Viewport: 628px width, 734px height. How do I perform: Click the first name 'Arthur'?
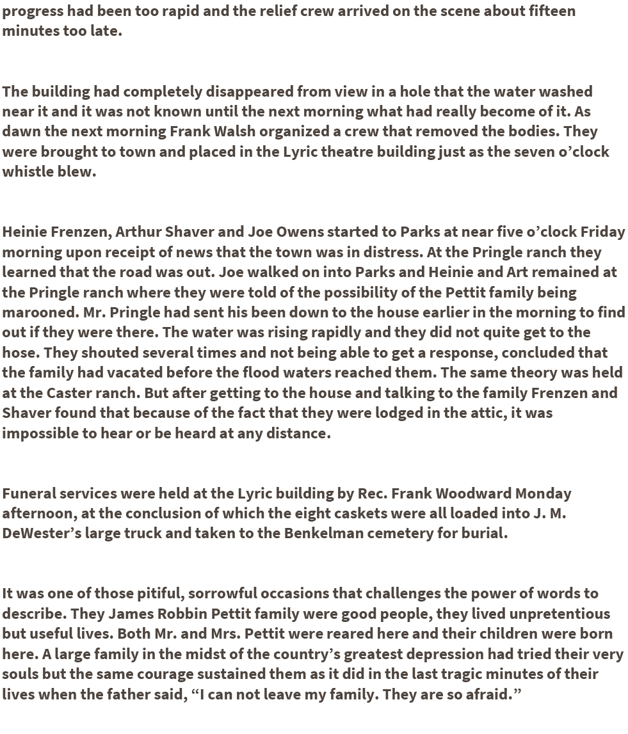tap(137, 232)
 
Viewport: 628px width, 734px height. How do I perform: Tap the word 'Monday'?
tap(543, 493)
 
